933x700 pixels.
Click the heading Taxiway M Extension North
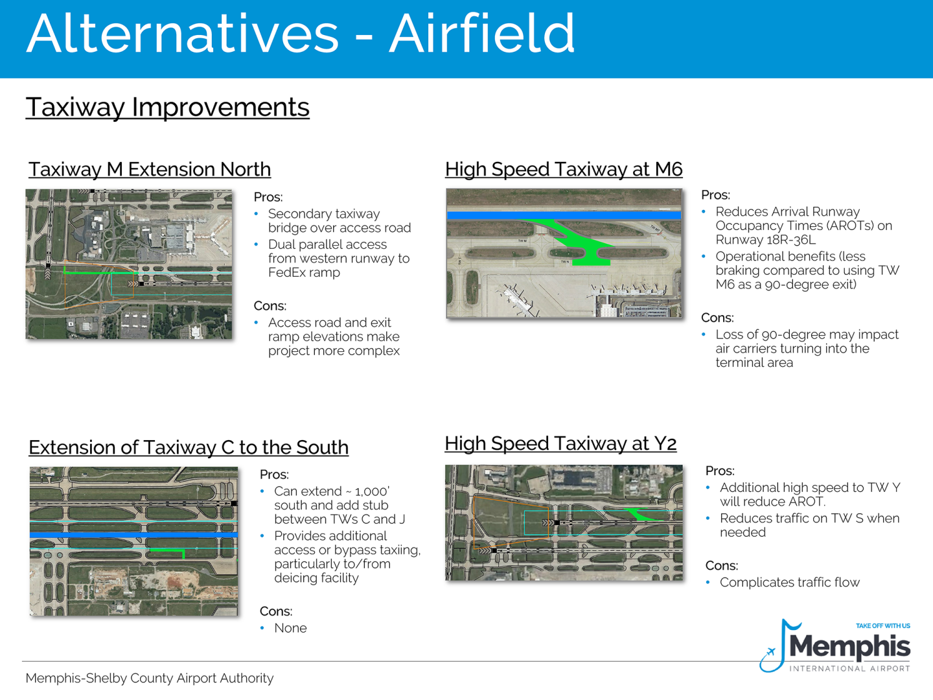tap(149, 169)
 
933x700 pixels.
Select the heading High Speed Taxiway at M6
tap(563, 169)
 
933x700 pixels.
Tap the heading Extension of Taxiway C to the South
tap(188, 447)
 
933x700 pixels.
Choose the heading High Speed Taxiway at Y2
tap(560, 443)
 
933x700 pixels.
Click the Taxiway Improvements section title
tap(167, 107)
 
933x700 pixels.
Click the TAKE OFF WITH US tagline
tap(882, 626)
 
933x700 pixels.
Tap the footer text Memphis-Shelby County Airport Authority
tap(149, 678)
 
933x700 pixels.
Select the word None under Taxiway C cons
tap(290, 628)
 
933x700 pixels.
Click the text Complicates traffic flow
tap(789, 582)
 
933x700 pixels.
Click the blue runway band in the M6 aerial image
tap(564, 215)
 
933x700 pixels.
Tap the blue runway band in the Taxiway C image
tap(133, 535)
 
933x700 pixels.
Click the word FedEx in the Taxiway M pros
tap(286, 272)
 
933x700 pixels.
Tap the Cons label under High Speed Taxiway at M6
tap(717, 318)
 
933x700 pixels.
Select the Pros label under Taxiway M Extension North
tap(268, 197)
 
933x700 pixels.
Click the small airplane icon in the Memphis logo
tap(770, 652)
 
